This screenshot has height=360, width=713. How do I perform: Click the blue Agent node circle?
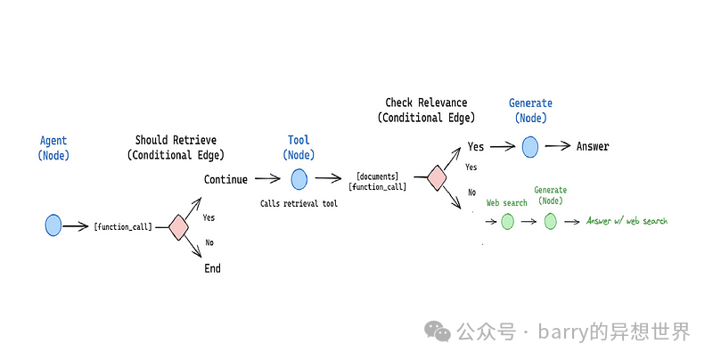(x=53, y=225)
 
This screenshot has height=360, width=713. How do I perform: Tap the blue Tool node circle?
(x=299, y=179)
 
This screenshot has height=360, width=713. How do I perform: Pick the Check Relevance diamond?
(x=437, y=177)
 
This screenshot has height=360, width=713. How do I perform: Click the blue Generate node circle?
(x=530, y=146)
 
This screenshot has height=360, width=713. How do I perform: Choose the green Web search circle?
(x=507, y=221)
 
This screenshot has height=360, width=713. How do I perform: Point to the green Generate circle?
(x=550, y=221)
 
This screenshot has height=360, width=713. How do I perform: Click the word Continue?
(x=225, y=179)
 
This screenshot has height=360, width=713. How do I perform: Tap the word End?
(x=212, y=268)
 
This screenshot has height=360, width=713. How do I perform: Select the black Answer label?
(x=593, y=146)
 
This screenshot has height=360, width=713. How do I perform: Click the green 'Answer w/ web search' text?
(x=627, y=221)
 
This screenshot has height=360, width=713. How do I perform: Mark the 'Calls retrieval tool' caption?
(x=299, y=204)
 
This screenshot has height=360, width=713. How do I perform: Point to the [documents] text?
(x=377, y=176)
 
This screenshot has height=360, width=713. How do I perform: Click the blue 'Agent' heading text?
(x=53, y=141)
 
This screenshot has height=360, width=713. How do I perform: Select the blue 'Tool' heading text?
(x=299, y=140)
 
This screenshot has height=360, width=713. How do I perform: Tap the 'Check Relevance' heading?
(x=426, y=103)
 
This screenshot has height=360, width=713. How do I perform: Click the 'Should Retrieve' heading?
(x=176, y=140)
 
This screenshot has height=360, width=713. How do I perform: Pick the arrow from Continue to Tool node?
(x=267, y=179)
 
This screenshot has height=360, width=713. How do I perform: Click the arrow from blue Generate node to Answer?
(x=558, y=146)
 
